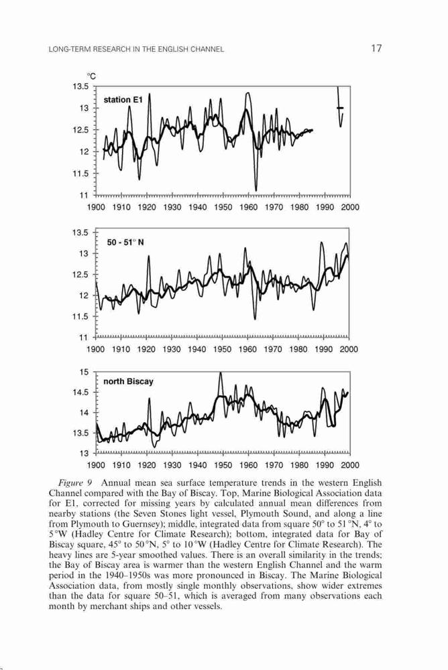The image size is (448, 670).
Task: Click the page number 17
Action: click(x=376, y=48)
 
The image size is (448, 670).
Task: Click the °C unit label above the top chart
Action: click(x=92, y=76)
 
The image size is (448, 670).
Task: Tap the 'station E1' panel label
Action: click(x=123, y=100)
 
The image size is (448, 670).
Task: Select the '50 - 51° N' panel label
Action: click(x=125, y=243)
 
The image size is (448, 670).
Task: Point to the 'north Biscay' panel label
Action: click(x=128, y=381)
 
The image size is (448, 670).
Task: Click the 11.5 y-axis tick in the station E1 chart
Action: click(x=81, y=174)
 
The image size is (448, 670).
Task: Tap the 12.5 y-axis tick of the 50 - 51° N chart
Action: click(x=81, y=275)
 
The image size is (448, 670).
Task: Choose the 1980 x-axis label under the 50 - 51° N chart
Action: click(x=298, y=350)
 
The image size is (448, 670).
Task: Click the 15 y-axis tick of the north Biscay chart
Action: click(x=84, y=372)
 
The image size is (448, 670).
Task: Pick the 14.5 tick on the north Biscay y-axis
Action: click(x=81, y=392)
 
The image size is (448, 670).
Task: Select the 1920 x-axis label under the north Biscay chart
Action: click(x=147, y=465)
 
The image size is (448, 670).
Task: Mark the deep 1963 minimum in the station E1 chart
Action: click(x=256, y=190)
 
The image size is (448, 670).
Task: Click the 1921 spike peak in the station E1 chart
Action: click(x=150, y=94)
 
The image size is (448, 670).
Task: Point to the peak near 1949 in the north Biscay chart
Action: click(x=221, y=373)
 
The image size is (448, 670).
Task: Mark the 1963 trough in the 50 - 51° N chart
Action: click(x=255, y=318)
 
